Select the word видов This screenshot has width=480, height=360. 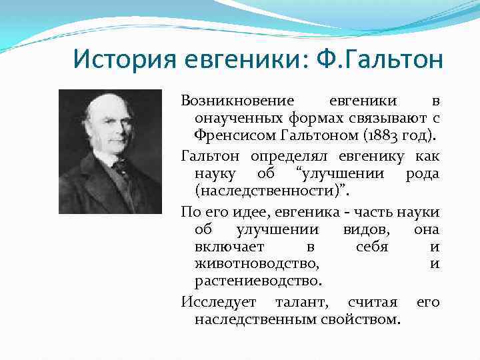[x=360, y=229]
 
